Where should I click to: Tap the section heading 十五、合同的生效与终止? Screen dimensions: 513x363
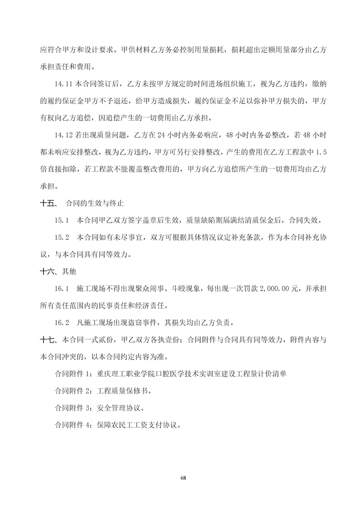point(82,202)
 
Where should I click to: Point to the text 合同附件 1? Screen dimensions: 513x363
point(74,374)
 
